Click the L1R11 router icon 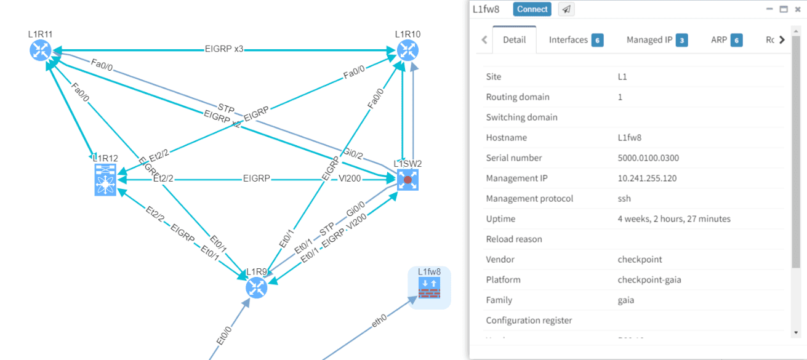[41, 50]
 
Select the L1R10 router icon [407, 50]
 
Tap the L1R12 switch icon [106, 180]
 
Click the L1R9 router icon [256, 287]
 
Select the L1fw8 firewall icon [429, 287]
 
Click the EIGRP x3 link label [225, 49]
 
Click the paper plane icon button [566, 9]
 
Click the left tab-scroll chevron [484, 40]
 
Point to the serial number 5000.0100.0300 [648, 158]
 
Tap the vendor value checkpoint [640, 259]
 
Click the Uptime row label [500, 218]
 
